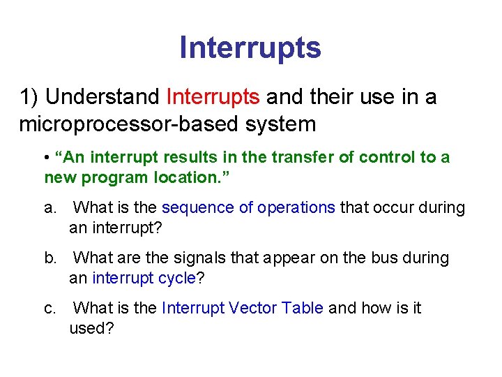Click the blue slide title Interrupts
[x=250, y=47]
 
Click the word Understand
[x=103, y=97]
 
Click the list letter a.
[x=50, y=208]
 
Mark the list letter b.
[x=50, y=258]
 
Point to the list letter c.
[x=50, y=309]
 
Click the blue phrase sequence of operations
[x=248, y=208]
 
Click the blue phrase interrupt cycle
[x=144, y=278]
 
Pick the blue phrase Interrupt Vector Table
[x=242, y=309]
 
